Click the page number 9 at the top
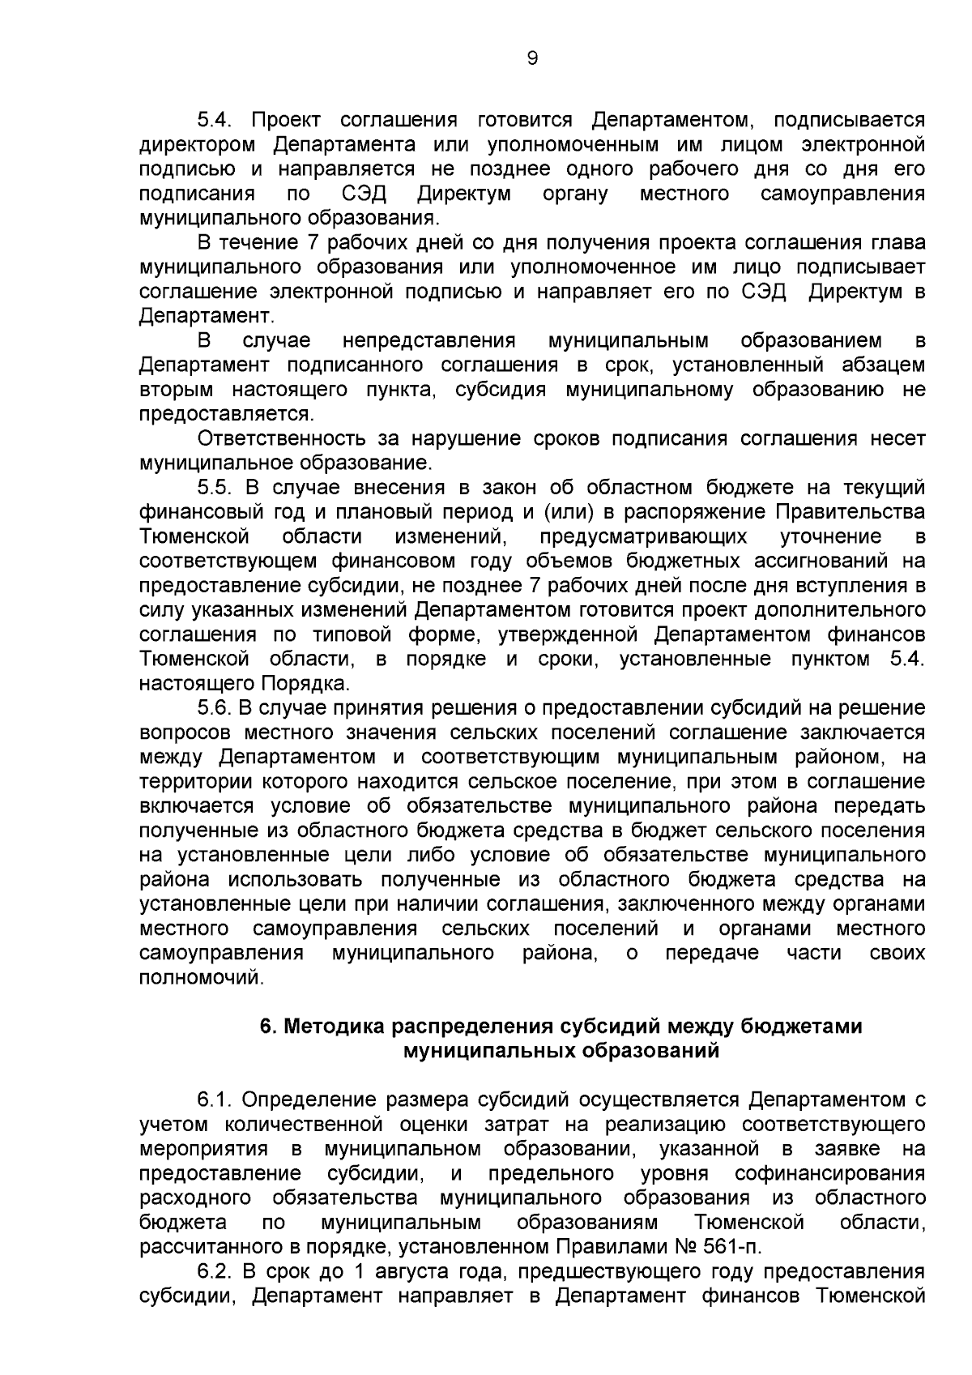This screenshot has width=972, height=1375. pos(532,58)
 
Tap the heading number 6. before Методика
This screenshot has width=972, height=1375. pos(268,1027)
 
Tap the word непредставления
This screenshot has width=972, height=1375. pos(428,341)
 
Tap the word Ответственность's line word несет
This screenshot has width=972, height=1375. pos(897,439)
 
